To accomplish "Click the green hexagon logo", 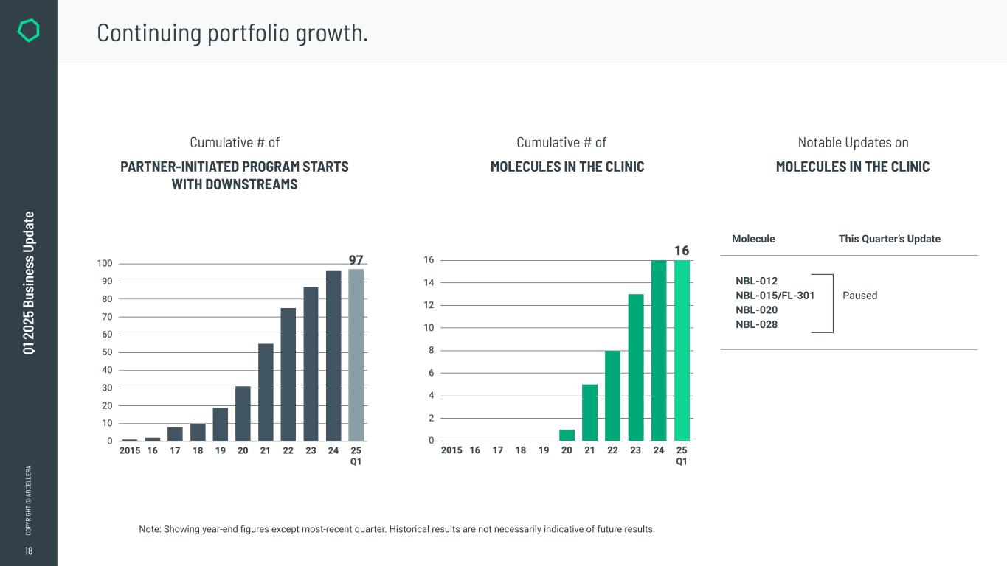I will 28,30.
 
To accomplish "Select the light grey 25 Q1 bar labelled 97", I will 356,355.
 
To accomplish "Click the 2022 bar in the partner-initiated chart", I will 288,374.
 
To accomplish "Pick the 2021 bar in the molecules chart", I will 589,413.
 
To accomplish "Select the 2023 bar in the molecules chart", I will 636,367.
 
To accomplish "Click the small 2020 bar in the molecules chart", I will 567,435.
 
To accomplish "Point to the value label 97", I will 356,260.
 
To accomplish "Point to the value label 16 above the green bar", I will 682,251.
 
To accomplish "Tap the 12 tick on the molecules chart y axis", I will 428,305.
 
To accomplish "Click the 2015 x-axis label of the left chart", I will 130,450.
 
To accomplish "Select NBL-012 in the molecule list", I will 756,281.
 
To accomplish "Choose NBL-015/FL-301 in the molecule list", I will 775,296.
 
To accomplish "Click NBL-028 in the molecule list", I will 756,324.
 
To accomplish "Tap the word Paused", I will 859,296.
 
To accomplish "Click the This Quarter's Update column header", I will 889,239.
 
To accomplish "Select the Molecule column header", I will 753,239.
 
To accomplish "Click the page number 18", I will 28,551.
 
